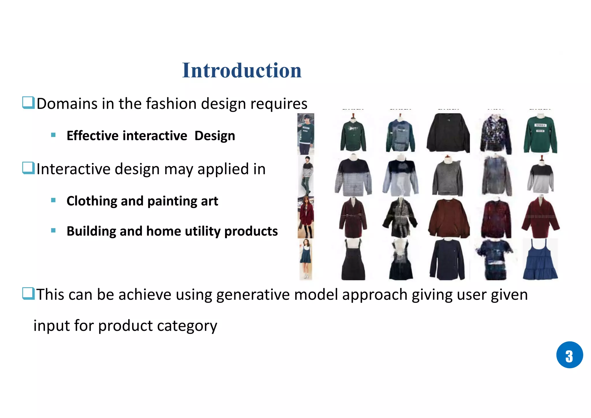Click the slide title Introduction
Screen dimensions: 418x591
coord(242,70)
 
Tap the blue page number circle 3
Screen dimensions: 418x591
coord(569,355)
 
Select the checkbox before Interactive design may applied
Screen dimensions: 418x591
coord(28,168)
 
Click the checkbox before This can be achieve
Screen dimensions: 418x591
coord(28,294)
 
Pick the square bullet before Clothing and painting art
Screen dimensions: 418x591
coord(53,200)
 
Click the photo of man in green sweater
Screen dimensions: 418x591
coord(306,134)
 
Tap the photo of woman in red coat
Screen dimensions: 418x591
coord(306,217)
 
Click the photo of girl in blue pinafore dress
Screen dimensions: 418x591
coord(306,259)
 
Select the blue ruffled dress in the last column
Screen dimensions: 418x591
coord(540,260)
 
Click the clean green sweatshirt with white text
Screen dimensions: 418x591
coord(540,134)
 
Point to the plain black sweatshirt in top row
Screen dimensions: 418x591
coord(448,133)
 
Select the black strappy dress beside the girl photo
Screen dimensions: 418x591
coord(353,260)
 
